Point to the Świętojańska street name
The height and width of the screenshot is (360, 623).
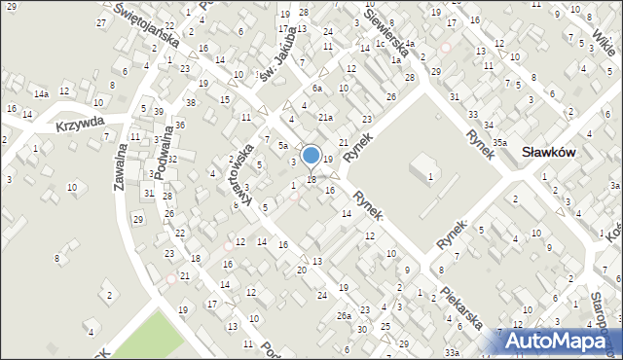coord(145,28)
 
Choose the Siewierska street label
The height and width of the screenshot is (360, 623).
coord(385,30)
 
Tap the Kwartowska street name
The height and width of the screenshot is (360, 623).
coord(241,175)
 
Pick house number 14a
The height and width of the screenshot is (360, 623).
coord(41,94)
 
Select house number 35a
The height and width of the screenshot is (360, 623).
coord(499,143)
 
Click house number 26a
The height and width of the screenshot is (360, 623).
coord(344,316)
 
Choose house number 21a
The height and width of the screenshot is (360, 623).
coord(325,118)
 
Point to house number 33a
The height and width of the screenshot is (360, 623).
coord(452,351)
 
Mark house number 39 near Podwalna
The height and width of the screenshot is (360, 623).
coord(159,112)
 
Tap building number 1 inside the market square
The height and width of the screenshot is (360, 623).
coord(430,176)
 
